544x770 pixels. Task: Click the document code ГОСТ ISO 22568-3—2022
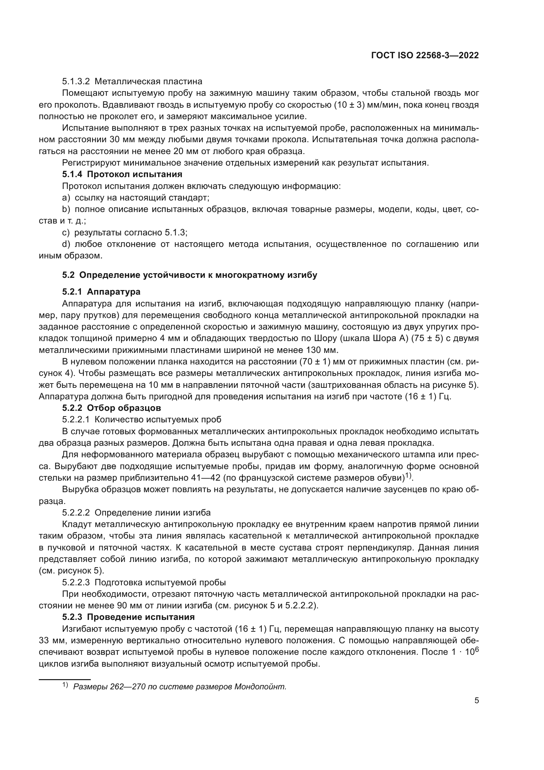click(x=425, y=56)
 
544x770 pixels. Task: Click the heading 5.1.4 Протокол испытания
click(x=122, y=174)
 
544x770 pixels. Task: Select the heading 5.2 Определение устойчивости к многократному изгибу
click(x=189, y=275)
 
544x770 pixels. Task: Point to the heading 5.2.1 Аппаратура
click(x=101, y=292)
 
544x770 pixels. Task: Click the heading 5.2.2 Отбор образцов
click(x=111, y=408)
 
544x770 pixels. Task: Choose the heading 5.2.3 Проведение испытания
click(x=128, y=617)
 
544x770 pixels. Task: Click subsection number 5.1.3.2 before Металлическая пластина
click(x=76, y=82)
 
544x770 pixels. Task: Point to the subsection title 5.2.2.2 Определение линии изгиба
click(x=136, y=513)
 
